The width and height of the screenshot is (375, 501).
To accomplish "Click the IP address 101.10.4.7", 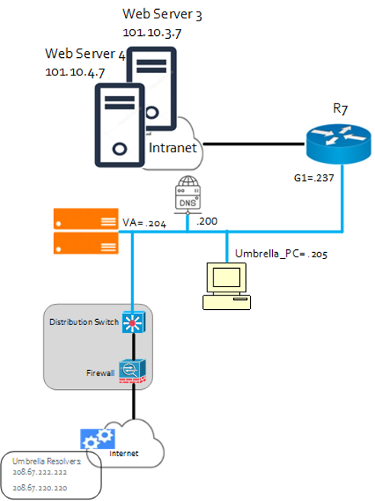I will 74,72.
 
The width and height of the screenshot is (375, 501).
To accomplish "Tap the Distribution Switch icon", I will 133,322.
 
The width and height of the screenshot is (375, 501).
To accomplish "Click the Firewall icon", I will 133,370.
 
